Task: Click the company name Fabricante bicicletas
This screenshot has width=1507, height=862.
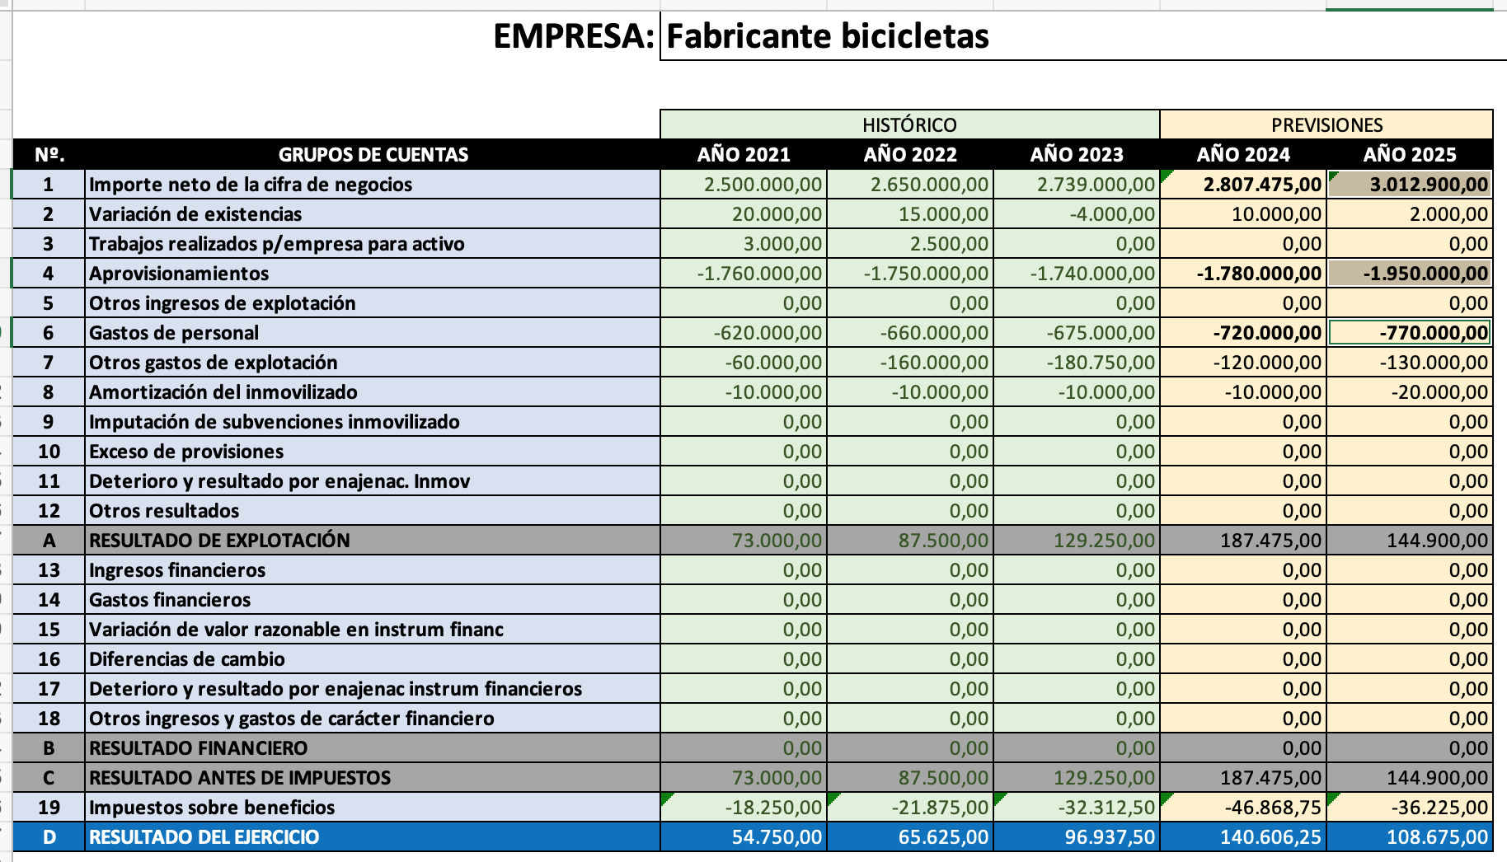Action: coord(827,36)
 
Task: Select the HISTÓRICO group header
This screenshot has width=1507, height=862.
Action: coord(909,124)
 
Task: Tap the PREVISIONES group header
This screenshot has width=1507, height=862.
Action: coord(1326,124)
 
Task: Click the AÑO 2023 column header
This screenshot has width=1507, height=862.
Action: coord(1077,154)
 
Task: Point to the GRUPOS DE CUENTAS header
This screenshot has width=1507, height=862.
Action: coord(373,154)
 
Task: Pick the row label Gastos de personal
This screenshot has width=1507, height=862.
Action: coord(174,333)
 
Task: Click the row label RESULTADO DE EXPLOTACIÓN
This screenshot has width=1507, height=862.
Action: coord(219,541)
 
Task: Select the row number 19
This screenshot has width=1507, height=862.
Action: coord(49,808)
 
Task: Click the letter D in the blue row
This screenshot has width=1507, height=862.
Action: coord(49,837)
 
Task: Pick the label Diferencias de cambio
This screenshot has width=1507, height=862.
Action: coord(187,659)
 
